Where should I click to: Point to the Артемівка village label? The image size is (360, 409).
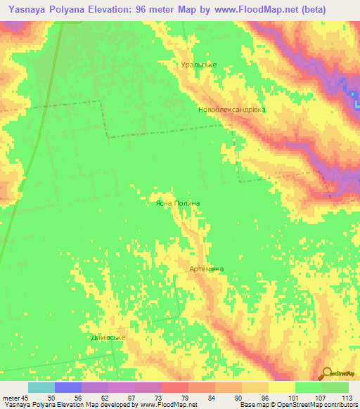(x=206, y=269)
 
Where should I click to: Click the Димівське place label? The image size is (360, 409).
(x=108, y=337)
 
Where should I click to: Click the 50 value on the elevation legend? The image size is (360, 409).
(x=51, y=397)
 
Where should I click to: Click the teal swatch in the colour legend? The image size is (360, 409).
(x=41, y=387)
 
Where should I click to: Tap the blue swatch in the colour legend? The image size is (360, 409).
(x=68, y=387)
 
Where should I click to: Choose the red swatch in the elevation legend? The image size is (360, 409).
(x=175, y=387)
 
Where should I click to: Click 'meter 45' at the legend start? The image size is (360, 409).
(x=15, y=397)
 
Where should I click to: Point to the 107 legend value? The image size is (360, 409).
(x=320, y=397)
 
